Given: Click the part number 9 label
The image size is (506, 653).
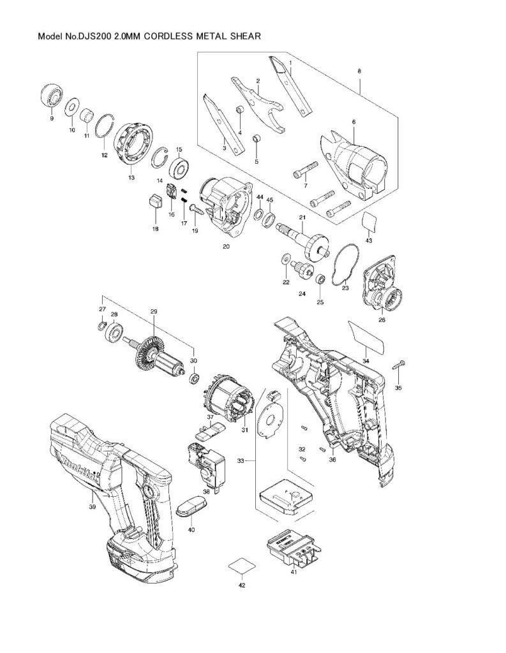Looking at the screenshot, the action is coord(52,119).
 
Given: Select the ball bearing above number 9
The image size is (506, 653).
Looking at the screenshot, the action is coord(52,96).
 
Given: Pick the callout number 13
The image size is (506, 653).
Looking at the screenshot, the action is coord(131,177).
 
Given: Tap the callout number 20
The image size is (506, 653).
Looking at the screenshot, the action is coord(226,247).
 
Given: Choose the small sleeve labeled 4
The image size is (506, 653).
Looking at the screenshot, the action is coord(240,110).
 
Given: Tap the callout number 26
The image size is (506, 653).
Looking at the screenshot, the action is coord(382,320).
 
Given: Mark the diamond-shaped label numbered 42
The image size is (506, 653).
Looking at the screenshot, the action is coord(242,567).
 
